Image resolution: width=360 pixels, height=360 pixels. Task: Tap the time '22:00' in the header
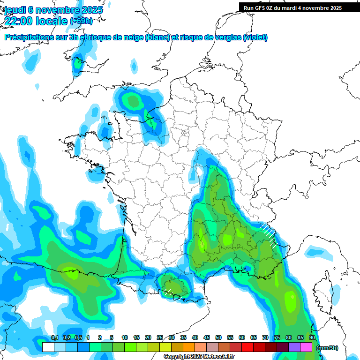coord(19,21)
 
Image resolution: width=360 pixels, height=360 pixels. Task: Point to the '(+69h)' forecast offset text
coord(81,21)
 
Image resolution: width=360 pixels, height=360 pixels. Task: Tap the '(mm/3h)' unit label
coord(327,348)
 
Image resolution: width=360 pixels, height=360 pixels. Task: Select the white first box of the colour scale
coord(48,347)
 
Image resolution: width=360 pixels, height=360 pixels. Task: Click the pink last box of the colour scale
coord(306,347)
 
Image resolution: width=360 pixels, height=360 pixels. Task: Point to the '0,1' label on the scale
coord(54,337)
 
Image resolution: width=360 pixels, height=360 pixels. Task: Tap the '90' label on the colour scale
coord(312,337)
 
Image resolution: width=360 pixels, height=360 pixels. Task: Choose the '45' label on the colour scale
coord(207,337)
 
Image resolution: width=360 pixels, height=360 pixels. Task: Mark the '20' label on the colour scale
coord(148,337)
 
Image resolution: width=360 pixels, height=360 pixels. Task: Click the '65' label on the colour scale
coord(254,337)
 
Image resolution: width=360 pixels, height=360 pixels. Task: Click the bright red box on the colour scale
coord(247,347)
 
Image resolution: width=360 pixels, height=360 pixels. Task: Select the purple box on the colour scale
coord(294,347)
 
